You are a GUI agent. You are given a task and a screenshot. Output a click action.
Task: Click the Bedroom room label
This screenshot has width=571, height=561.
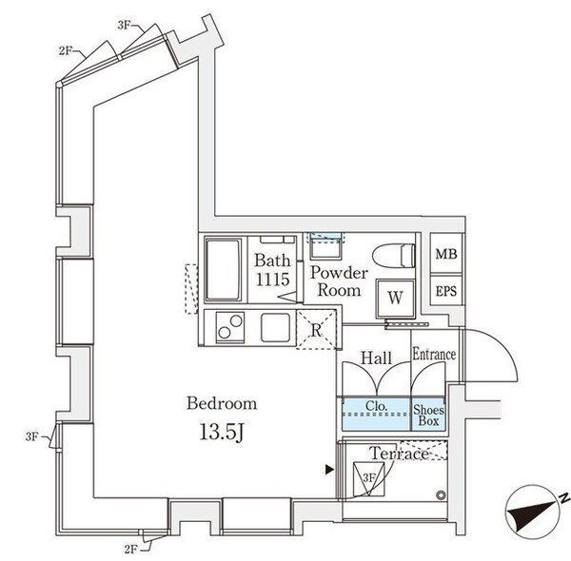(x=221, y=404)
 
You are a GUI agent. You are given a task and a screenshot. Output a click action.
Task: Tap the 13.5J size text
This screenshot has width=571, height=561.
(x=223, y=435)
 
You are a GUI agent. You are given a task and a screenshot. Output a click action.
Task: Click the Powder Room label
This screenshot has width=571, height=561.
(x=338, y=281)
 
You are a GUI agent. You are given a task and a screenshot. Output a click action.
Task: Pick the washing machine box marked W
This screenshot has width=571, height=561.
(x=395, y=298)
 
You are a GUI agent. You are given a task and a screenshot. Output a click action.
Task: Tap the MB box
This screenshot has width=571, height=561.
(x=444, y=254)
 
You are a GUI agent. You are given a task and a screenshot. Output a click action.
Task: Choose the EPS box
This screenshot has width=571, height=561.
(x=444, y=289)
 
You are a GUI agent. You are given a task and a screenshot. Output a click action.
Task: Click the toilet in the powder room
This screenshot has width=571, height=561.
(x=395, y=256)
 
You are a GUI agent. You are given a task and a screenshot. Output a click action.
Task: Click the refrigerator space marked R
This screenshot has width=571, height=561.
(x=317, y=332)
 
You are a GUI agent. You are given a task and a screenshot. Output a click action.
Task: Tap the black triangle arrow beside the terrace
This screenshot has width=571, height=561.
(x=329, y=469)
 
